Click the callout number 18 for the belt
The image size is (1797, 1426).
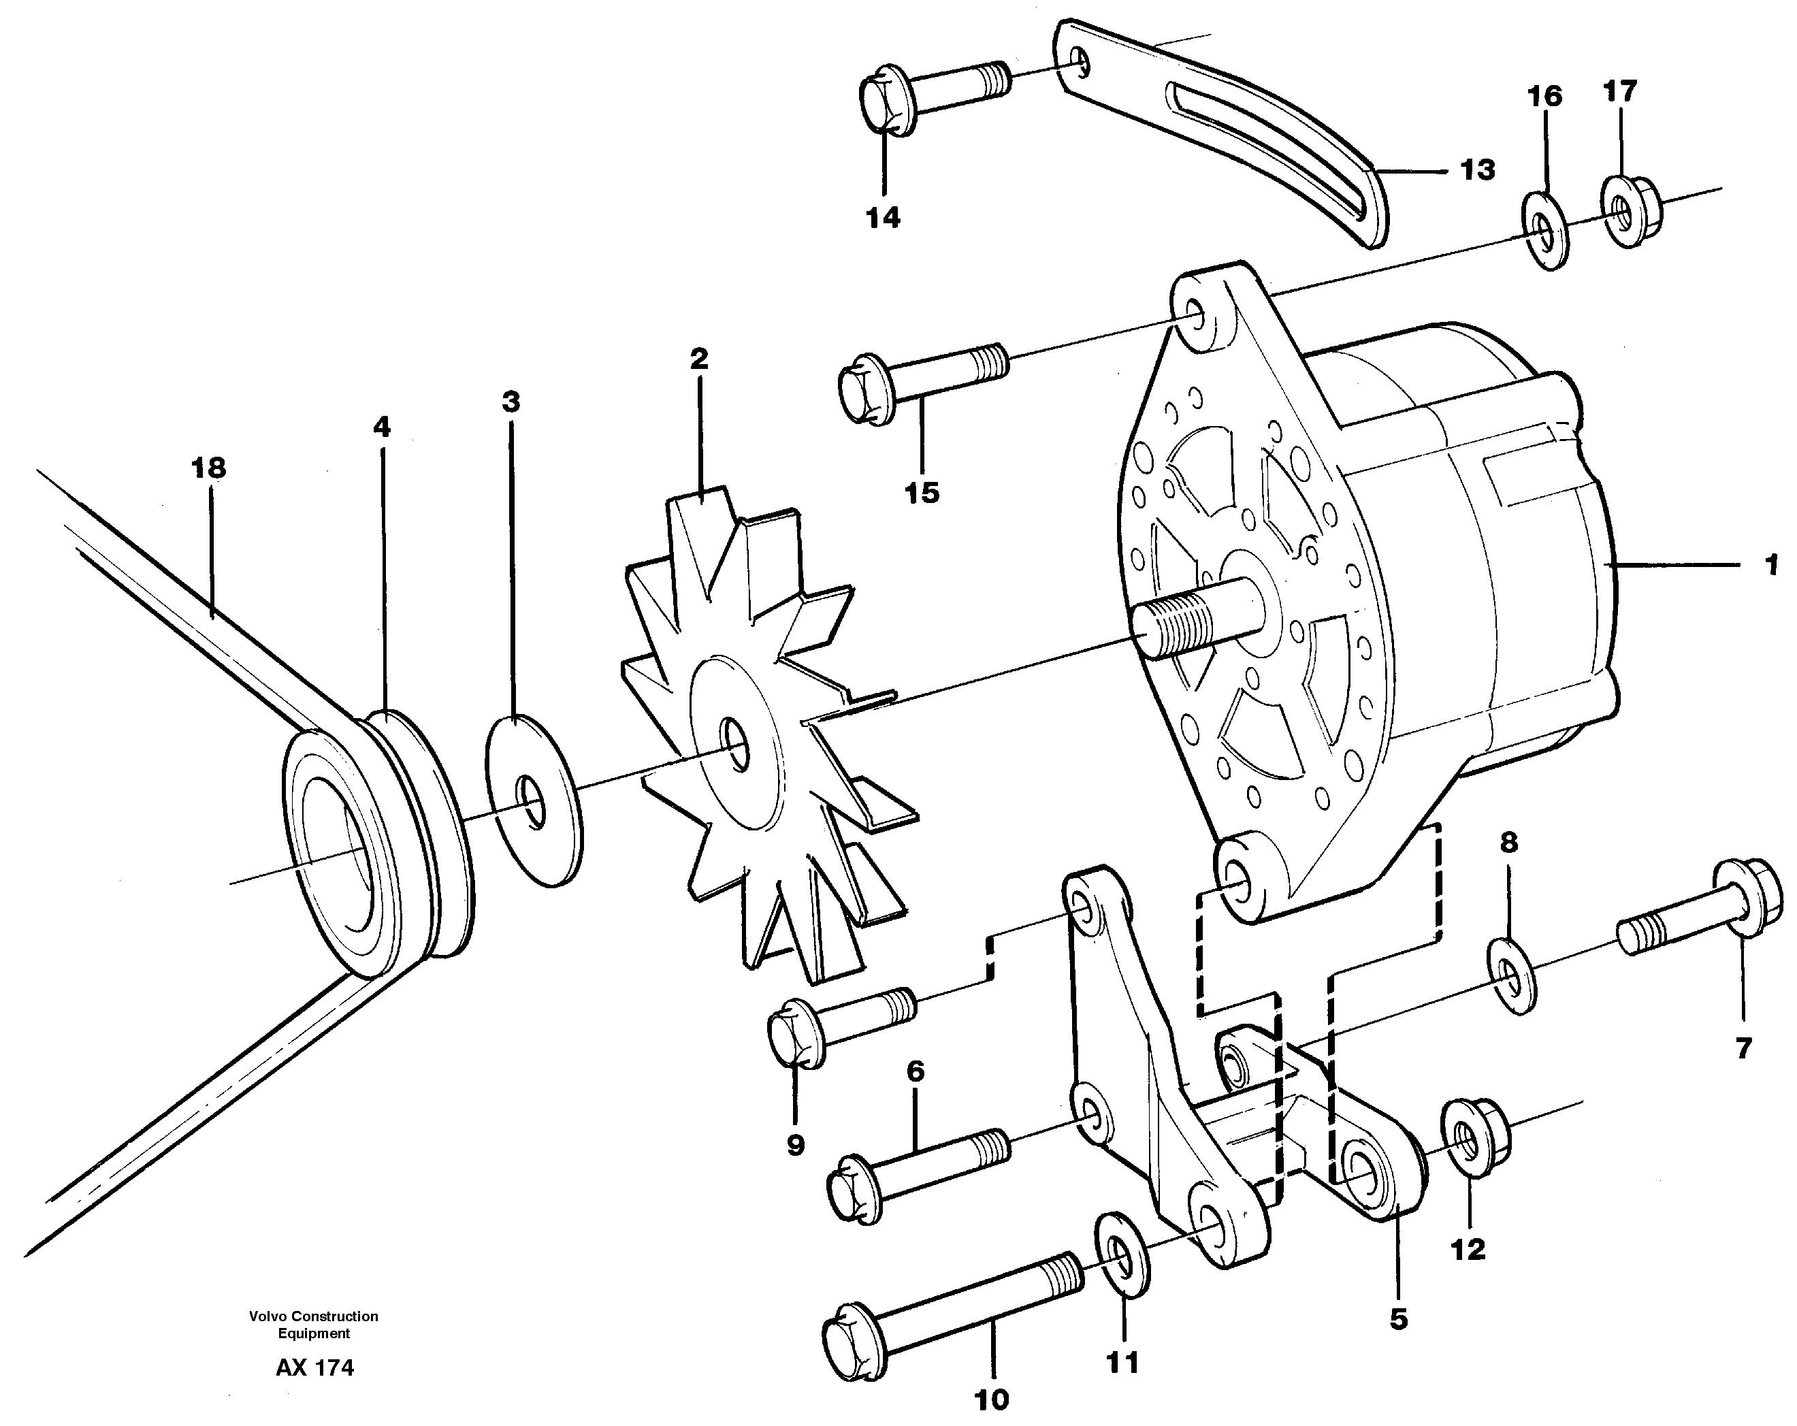tap(208, 468)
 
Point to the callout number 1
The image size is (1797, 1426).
tap(1771, 565)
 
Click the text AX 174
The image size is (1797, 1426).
tap(314, 1367)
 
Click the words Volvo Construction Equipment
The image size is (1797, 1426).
tap(313, 1325)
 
